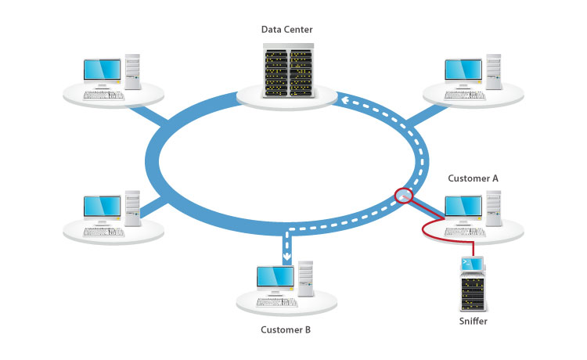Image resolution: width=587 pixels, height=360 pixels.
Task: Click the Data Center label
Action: point(286,30)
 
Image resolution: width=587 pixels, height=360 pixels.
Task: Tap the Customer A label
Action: point(473,178)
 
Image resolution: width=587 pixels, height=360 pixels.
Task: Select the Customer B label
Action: point(286,329)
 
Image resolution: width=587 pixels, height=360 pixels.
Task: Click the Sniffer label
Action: point(474,321)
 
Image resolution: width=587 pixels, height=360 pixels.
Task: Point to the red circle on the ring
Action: point(403,195)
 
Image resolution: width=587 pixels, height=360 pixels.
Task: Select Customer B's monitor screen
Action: point(275,278)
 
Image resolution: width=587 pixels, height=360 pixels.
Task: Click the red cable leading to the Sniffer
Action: point(427,230)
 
